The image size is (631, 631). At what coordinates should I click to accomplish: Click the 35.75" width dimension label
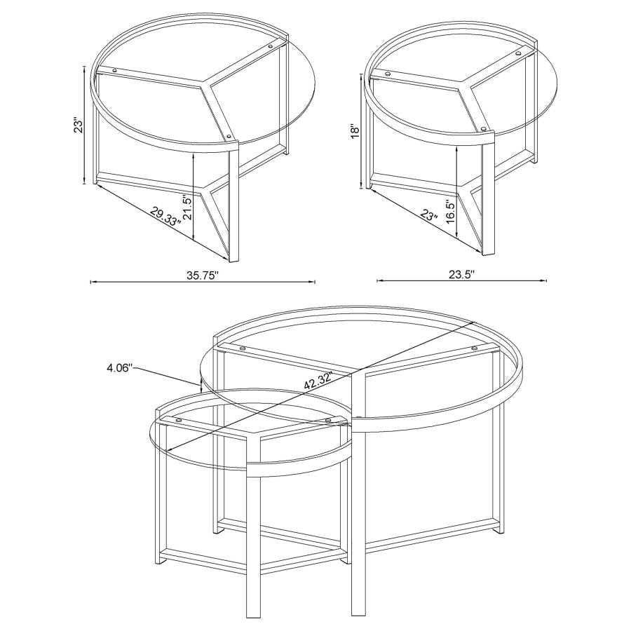(x=203, y=274)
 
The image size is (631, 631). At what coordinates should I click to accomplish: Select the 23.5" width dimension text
(x=462, y=274)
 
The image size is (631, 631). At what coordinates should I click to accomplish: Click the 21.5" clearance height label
(x=188, y=208)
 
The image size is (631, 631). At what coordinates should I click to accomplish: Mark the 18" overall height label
(x=356, y=133)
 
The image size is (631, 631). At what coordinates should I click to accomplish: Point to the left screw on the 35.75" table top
(x=114, y=70)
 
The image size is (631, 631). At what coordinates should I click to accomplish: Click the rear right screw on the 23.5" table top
(x=518, y=53)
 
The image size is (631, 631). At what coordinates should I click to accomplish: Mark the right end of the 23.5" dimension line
(x=546, y=282)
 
